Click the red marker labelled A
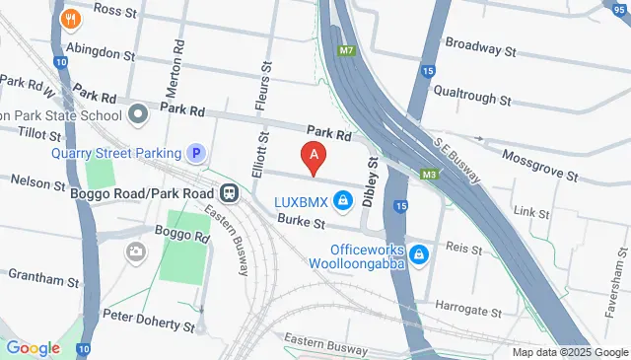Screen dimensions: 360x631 pos(314,156)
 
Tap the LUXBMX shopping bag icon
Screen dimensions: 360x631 pos(342,203)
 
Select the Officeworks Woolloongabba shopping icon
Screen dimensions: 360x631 pos(419,254)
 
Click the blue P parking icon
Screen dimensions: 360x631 pos(197,153)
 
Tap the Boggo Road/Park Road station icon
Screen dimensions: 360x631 pos(229,193)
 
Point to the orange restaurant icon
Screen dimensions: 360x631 pos(70,18)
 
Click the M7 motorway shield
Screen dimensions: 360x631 pos(344,48)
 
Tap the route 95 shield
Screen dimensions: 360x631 pos(618,6)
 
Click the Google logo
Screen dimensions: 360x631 pos(33,347)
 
